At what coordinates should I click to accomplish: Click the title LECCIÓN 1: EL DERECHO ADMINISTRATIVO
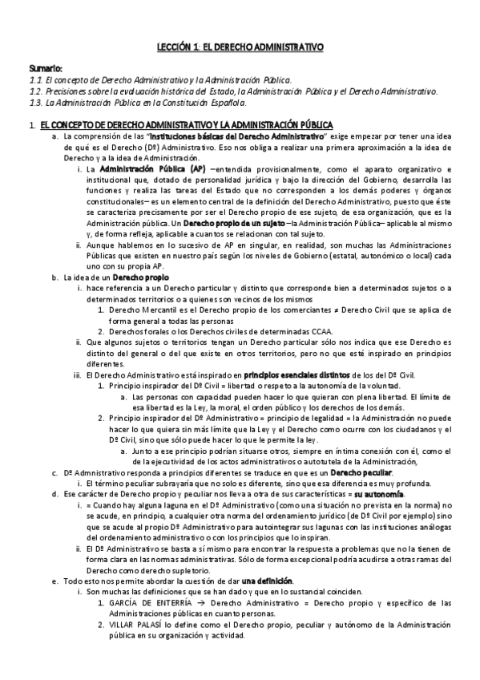click(x=239, y=48)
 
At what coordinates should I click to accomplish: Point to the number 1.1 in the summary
click(x=36, y=81)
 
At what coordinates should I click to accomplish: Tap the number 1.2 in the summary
click(x=36, y=91)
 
